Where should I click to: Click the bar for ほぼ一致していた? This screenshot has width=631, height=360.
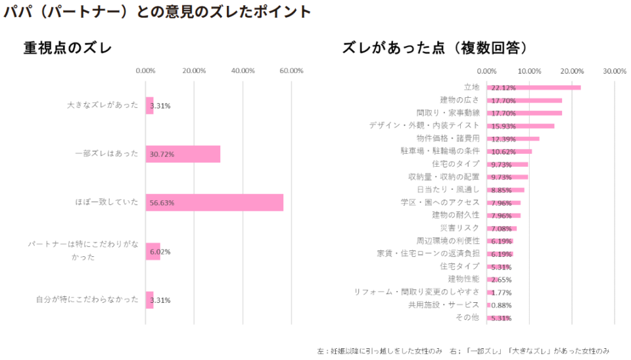(x=214, y=202)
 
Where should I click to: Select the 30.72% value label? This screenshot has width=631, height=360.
(x=162, y=154)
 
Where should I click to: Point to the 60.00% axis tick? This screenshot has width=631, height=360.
(x=291, y=71)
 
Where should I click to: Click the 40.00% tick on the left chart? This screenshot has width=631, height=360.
(x=243, y=71)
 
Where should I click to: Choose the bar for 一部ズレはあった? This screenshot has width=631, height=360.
(x=183, y=154)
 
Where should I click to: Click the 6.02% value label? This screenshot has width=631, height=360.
(x=160, y=252)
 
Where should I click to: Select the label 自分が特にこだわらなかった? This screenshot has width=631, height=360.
(x=87, y=300)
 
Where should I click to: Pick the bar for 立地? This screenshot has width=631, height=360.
(x=534, y=87)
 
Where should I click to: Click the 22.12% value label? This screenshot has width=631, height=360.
(x=503, y=87)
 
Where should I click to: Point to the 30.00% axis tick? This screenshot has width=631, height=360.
(x=615, y=71)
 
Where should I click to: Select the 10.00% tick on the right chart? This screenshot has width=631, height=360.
(x=529, y=71)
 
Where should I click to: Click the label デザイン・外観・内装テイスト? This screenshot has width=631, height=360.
(x=424, y=125)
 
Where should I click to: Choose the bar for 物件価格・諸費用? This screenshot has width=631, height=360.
(x=513, y=139)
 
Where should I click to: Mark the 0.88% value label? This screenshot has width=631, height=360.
(x=501, y=305)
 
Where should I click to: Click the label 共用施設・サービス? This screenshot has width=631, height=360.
(x=444, y=305)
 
